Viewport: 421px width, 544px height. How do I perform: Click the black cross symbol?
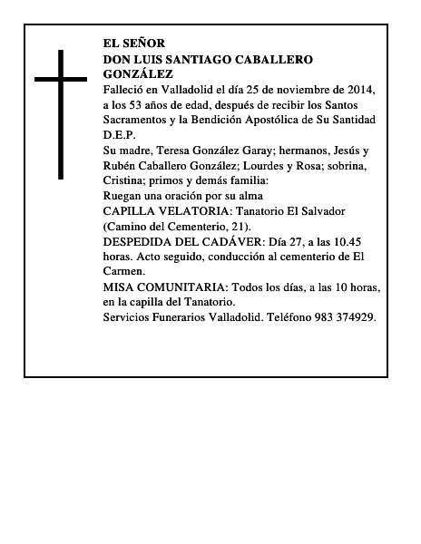pos(62,113)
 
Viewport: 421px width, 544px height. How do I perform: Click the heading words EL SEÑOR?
pos(135,44)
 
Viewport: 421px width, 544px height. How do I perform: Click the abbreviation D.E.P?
pos(118,133)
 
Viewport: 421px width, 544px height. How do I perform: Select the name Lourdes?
pos(285,164)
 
